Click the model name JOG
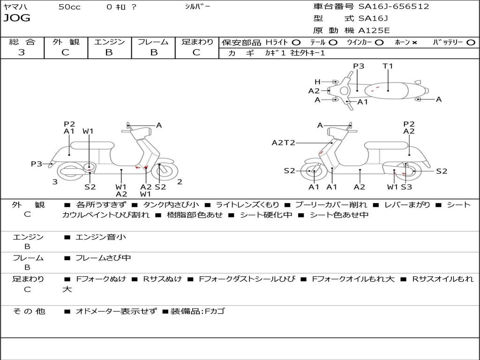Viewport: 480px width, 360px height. [x=17, y=18]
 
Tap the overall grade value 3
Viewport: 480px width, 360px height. [x=22, y=52]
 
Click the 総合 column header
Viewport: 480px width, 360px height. [x=22, y=42]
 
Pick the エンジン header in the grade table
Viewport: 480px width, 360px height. [x=109, y=42]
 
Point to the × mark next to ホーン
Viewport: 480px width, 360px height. [x=414, y=42]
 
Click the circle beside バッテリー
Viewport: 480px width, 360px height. [x=471, y=42]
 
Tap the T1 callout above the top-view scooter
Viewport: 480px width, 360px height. [x=388, y=66]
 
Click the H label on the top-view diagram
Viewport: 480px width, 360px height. [x=317, y=82]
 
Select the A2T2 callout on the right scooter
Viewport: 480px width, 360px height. [x=283, y=142]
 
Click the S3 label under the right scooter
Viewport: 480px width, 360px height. [x=406, y=187]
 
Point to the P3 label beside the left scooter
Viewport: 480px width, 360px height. [x=37, y=164]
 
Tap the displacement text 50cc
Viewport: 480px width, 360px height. [x=69, y=7]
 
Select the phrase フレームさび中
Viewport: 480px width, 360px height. [x=103, y=258]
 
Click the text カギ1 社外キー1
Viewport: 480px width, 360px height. [x=295, y=53]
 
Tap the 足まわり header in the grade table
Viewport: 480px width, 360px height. [x=197, y=42]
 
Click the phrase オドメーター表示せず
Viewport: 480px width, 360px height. [x=116, y=311]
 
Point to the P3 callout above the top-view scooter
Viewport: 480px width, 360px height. [x=359, y=66]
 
